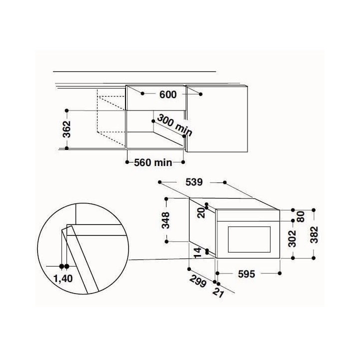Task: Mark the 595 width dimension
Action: (x=247, y=273)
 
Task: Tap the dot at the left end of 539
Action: (x=160, y=182)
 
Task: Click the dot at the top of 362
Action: (x=66, y=109)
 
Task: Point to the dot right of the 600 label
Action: (x=201, y=93)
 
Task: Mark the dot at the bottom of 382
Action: (x=313, y=258)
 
